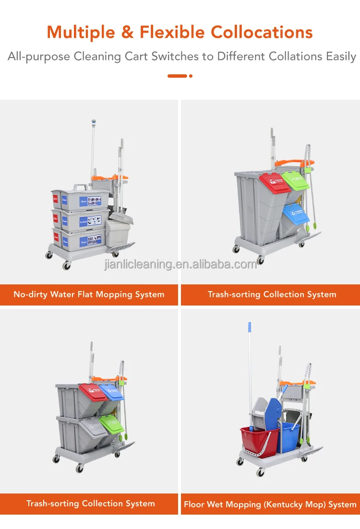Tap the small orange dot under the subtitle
tap(191, 76)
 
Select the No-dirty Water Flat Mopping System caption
tap(89, 294)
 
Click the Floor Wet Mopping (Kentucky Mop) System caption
tap(270, 504)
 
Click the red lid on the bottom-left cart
tap(93, 392)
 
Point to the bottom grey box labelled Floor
tap(79, 238)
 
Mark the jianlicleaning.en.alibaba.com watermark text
tap(180, 264)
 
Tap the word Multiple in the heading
tap(82, 32)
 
